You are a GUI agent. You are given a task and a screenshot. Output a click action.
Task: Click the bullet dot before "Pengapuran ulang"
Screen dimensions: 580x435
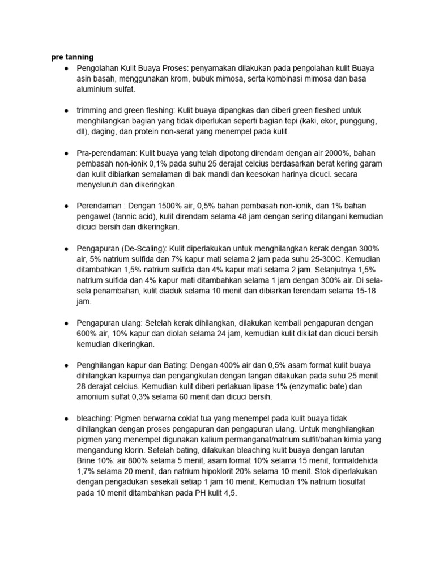67,323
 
